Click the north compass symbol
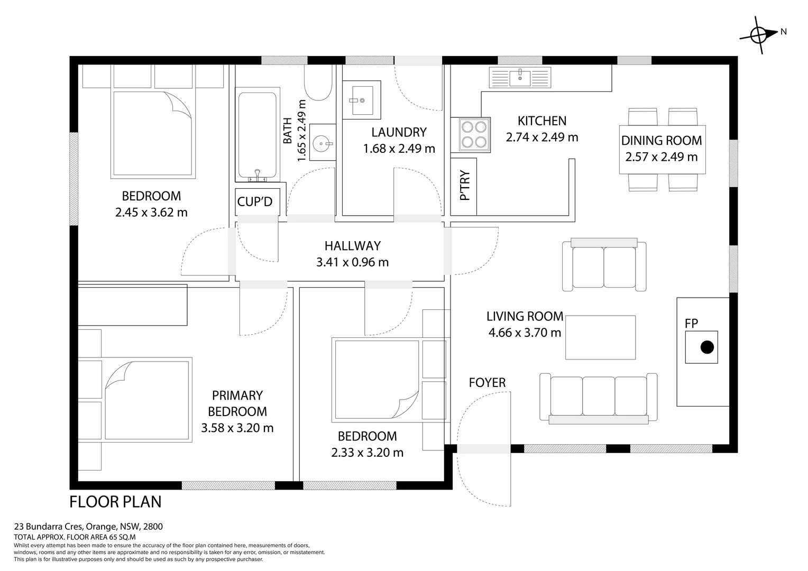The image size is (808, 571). pyautogui.click(x=759, y=35)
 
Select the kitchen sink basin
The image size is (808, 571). pyautogui.click(x=520, y=78)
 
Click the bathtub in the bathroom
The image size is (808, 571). pyautogui.click(x=257, y=134)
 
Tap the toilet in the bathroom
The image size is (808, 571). pyautogui.click(x=318, y=82)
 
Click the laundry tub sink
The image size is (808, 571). pyautogui.click(x=362, y=99)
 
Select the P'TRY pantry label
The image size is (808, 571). pyautogui.click(x=465, y=186)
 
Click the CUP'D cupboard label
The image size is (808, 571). pyautogui.click(x=255, y=201)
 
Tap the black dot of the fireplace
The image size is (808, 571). pyautogui.click(x=707, y=347)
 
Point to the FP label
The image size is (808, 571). pyautogui.click(x=691, y=323)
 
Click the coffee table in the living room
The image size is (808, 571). pyautogui.click(x=600, y=337)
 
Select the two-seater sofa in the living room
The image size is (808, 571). pyautogui.click(x=604, y=264)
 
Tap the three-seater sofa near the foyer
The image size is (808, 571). pyautogui.click(x=599, y=398)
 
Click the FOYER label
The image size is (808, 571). pyautogui.click(x=487, y=382)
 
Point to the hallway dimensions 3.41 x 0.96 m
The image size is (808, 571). pyautogui.click(x=352, y=262)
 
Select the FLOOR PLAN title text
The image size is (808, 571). pyautogui.click(x=115, y=502)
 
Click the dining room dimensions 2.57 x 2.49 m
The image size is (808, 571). pyautogui.click(x=661, y=157)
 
